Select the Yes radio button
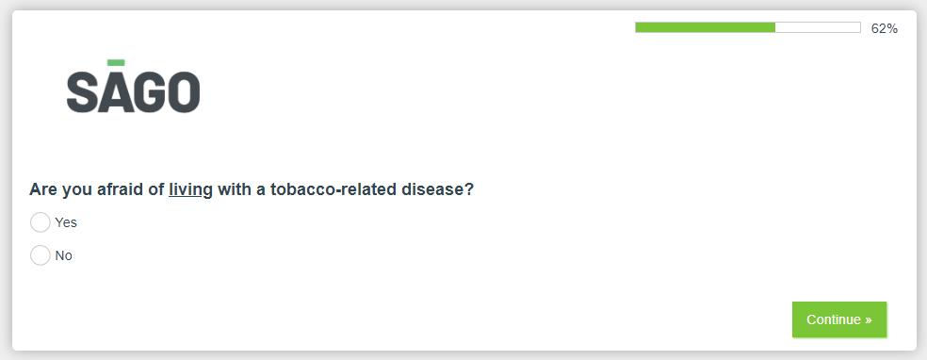point(41,222)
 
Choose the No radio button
point(41,256)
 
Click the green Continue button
point(838,319)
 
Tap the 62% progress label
point(885,28)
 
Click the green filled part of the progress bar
point(706,27)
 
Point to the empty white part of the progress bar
point(818,27)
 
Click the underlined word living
point(190,190)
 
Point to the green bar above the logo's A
point(116,62)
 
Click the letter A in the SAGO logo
point(115,92)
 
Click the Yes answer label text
point(66,222)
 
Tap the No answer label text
point(63,256)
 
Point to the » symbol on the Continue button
point(868,320)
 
